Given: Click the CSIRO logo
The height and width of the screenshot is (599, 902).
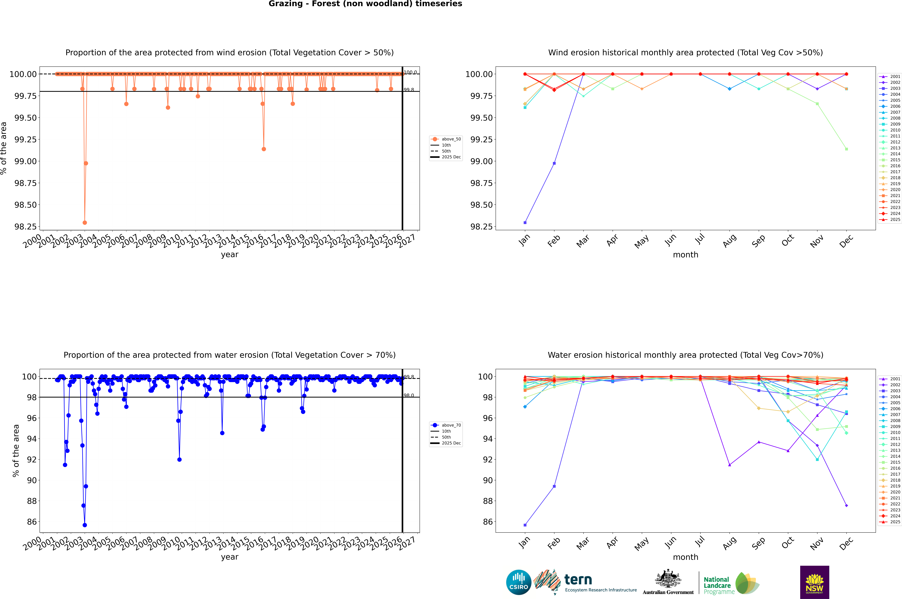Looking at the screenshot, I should coord(518,582).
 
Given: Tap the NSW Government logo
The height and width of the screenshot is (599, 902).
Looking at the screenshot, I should coord(814,582).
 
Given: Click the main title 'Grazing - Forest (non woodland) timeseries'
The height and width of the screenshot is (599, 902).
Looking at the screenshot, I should coord(365,4).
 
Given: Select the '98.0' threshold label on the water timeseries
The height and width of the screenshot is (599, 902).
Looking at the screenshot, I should coord(409,395).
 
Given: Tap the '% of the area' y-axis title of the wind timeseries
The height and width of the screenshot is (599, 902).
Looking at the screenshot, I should coord(4,148).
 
